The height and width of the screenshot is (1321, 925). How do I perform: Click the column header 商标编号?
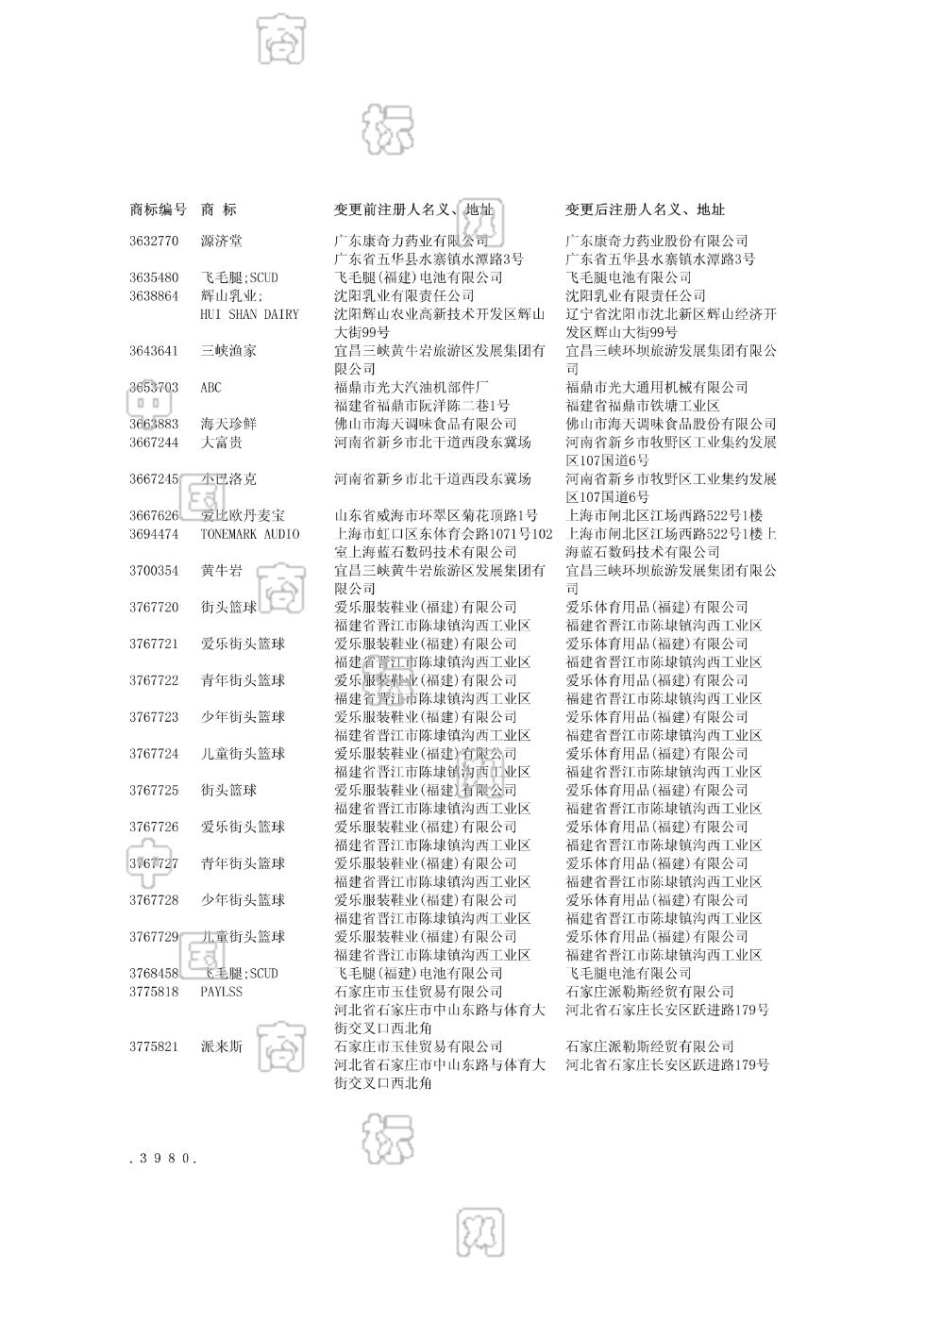tap(158, 209)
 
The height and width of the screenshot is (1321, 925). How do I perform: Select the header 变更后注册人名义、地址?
tap(645, 209)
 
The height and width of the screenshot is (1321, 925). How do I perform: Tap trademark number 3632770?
tap(154, 241)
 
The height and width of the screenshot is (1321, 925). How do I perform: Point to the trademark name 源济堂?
tap(221, 241)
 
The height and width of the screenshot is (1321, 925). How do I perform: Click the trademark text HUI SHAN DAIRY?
tap(249, 314)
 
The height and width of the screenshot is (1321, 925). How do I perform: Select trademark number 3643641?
tap(154, 351)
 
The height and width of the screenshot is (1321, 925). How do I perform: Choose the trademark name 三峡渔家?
tap(227, 351)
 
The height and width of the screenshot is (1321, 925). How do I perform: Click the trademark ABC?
tap(210, 388)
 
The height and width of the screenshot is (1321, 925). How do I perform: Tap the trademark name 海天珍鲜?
tap(227, 425)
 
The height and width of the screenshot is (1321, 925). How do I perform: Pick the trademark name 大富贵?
tap(221, 443)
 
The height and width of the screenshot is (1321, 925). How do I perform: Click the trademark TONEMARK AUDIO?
tap(249, 534)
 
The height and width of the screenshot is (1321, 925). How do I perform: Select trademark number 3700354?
tap(154, 571)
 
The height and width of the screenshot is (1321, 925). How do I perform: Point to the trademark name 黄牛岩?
tap(221, 571)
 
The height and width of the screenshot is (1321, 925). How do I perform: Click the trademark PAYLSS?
tap(221, 992)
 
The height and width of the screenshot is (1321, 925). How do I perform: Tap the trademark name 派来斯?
tap(221, 1046)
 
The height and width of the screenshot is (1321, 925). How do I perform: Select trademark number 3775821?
tap(154, 1046)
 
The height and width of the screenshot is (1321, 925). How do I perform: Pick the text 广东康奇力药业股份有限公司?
tap(656, 241)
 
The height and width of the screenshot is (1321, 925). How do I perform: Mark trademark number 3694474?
tap(154, 534)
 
